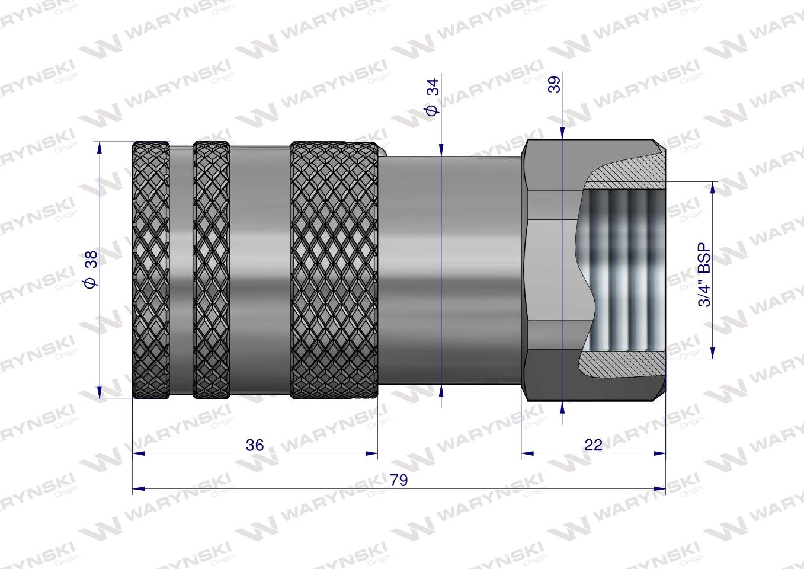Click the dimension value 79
(399, 480)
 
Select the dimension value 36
(255, 445)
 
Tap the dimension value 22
(593, 445)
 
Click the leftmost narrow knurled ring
(150, 270)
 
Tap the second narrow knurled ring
(212, 270)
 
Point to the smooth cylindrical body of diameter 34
(450, 270)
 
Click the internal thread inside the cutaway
(628, 270)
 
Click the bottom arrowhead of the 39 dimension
(562, 405)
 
